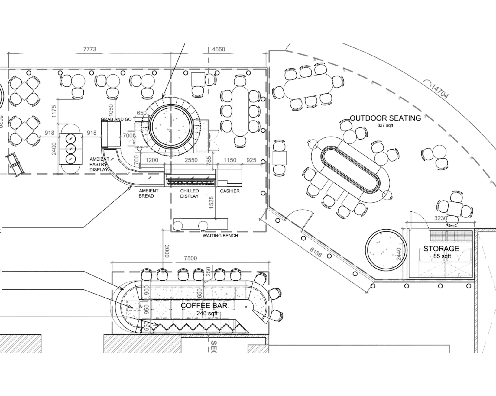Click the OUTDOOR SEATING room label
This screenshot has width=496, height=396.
(385, 118)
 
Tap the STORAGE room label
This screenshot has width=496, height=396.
(441, 249)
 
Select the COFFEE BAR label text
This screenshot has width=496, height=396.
(204, 306)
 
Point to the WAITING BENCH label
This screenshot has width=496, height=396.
(220, 236)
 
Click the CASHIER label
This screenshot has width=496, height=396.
(230, 191)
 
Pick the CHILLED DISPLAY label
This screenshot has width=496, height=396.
(190, 193)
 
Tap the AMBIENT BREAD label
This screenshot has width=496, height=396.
(148, 193)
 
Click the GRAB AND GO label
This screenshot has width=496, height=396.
(116, 119)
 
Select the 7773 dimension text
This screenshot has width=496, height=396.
(89, 49)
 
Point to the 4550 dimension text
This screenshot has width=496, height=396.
(219, 49)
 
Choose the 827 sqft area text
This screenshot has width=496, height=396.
(385, 125)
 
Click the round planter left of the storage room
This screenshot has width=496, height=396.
(385, 249)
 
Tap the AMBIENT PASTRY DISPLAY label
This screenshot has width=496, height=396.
(99, 164)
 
